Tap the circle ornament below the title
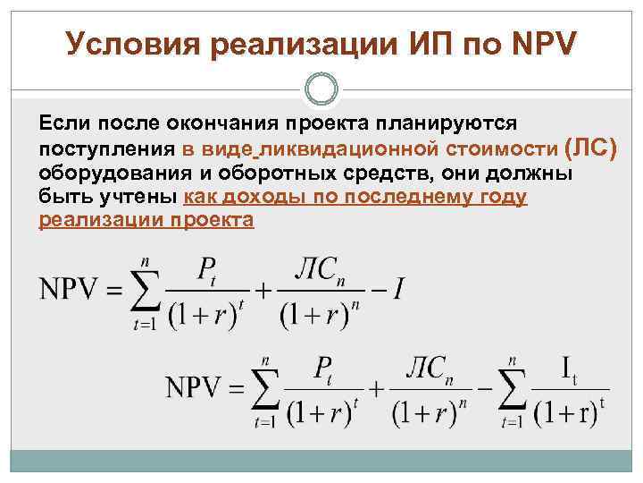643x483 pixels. pyautogui.click(x=321, y=89)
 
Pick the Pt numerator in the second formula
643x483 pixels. pyautogui.click(x=322, y=370)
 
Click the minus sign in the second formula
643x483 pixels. pyautogui.click(x=483, y=388)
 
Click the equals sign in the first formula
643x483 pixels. pyautogui.click(x=115, y=291)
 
